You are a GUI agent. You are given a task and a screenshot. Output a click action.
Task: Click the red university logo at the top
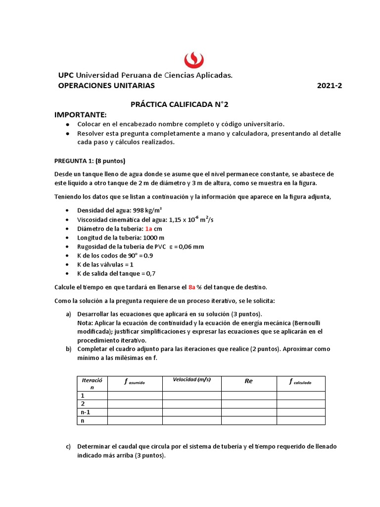(194, 59)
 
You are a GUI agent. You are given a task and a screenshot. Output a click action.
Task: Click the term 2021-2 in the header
(329, 86)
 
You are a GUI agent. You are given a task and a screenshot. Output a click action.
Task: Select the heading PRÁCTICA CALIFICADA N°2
(180, 104)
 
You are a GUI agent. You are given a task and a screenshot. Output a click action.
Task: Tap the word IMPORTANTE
(80, 115)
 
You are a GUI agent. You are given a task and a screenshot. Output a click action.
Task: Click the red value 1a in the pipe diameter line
(149, 229)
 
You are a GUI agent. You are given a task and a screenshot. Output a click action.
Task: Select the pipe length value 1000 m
(150, 238)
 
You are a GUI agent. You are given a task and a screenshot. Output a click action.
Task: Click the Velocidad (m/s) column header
(191, 380)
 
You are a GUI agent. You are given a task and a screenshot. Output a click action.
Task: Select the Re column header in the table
(248, 382)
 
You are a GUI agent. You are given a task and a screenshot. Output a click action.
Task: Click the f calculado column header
(300, 382)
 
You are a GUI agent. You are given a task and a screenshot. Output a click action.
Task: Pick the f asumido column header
(135, 382)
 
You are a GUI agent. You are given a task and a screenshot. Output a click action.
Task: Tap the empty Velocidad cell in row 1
(191, 395)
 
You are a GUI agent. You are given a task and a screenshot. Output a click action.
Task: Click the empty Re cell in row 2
(248, 404)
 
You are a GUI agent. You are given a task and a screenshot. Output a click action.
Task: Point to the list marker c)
(69, 447)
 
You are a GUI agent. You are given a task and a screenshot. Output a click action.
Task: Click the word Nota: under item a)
(86, 323)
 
